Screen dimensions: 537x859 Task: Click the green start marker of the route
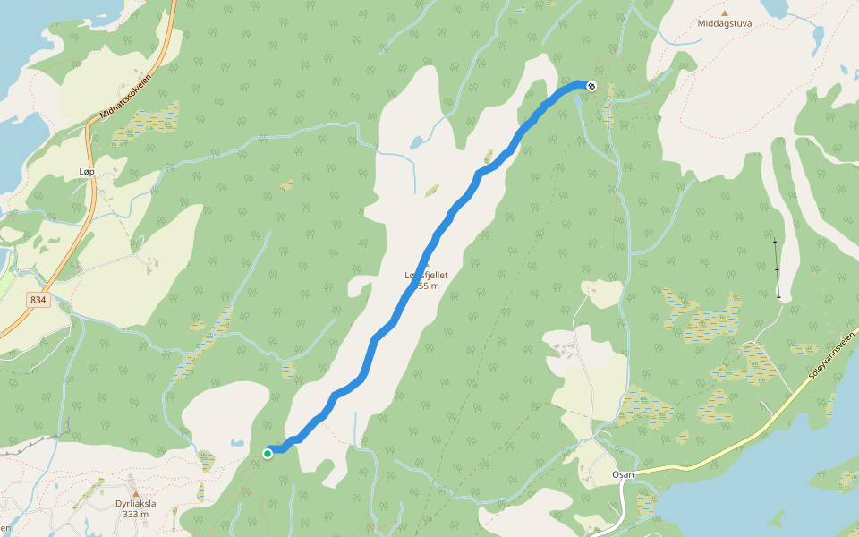(x=268, y=454)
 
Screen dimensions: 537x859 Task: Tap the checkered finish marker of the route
(x=591, y=86)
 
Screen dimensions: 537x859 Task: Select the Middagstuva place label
(x=724, y=24)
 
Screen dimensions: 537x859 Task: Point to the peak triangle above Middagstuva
(x=725, y=13)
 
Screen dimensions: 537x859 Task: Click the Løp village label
(x=86, y=170)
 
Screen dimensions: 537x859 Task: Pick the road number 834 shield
(x=37, y=301)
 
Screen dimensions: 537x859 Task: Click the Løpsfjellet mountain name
(x=425, y=276)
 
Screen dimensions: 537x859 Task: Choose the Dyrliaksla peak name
(x=136, y=503)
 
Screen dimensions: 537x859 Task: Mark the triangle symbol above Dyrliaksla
(x=136, y=492)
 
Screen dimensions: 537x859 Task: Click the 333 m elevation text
(x=136, y=515)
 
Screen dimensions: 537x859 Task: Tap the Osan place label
(x=623, y=474)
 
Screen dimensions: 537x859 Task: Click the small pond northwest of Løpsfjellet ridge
(x=417, y=142)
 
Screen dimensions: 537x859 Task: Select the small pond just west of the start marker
(x=236, y=443)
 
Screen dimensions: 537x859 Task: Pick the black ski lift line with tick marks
(x=777, y=268)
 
